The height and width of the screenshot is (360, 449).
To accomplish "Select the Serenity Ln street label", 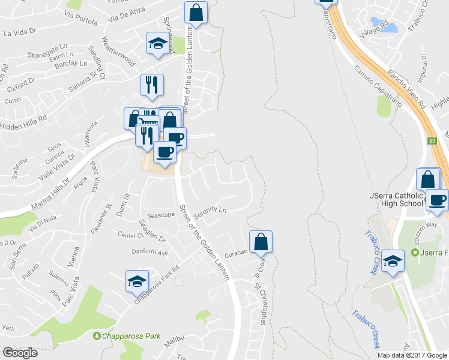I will pos(214,210).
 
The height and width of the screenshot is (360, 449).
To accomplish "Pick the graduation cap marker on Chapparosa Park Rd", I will pos(137,281).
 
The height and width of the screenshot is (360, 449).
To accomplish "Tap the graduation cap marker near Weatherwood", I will pos(157,44).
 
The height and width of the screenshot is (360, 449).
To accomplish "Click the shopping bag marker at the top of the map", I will pos(196,12).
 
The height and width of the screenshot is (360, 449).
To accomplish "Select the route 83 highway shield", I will pos(432,141).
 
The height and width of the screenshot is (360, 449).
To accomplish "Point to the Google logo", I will pos(19,353).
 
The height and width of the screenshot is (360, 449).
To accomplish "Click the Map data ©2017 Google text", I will pos(412,355).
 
